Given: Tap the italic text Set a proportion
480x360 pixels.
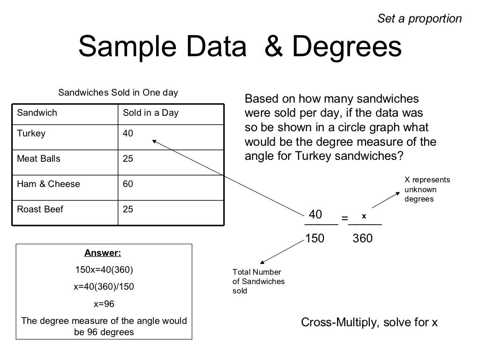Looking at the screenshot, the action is (420, 19).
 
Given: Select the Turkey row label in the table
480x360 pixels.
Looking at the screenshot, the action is (31, 134).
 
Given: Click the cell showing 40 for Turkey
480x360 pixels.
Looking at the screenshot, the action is (128, 134).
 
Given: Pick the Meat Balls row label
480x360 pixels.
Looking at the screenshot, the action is (39, 159).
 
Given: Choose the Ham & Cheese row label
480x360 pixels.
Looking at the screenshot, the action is (48, 184).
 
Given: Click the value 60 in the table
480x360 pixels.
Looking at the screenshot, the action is (128, 184).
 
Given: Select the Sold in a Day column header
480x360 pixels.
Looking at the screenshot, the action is (150, 113).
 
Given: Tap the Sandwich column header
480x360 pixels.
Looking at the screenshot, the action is (37, 113).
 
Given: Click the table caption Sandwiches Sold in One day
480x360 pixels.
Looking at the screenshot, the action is (118, 92).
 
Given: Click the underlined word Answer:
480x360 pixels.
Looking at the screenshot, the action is (103, 254).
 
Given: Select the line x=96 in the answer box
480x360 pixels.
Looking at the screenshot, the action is (104, 304).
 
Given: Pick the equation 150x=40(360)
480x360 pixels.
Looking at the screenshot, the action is (104, 270).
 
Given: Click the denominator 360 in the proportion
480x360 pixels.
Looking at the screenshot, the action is (362, 239).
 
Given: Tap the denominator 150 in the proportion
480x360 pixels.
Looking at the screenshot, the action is (315, 239).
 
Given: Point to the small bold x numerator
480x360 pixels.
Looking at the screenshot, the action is (364, 216).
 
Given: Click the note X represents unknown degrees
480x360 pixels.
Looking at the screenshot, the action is (427, 189).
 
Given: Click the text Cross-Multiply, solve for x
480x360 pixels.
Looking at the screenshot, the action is (369, 322).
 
